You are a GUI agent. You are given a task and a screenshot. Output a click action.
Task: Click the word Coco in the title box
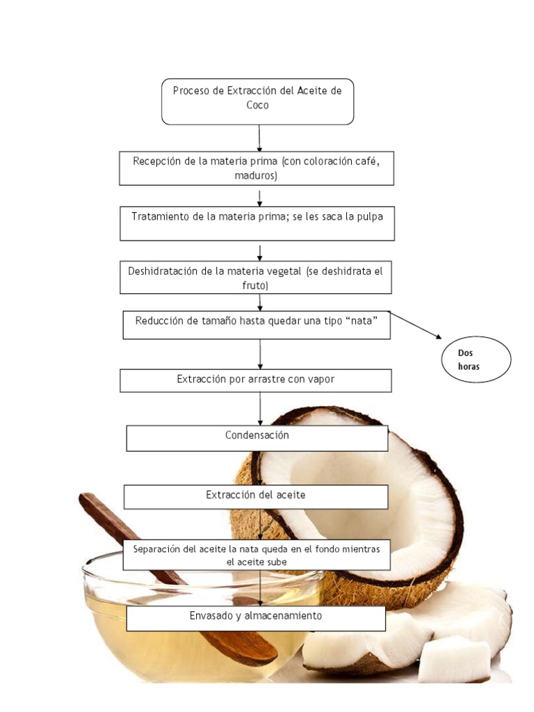pyautogui.click(x=257, y=106)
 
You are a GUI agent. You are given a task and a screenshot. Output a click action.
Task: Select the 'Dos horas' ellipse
pyautogui.click(x=476, y=359)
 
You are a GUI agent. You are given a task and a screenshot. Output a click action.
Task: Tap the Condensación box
pyautogui.click(x=257, y=438)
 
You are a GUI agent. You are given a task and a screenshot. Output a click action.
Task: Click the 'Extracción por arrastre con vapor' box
pyautogui.click(x=256, y=380)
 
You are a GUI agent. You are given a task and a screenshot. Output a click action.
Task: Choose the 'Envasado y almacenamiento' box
pyautogui.click(x=256, y=618)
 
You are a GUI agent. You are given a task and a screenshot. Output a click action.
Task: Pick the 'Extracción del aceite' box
pyautogui.click(x=256, y=496)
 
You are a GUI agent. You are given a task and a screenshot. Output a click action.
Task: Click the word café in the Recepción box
pyautogui.click(x=367, y=161)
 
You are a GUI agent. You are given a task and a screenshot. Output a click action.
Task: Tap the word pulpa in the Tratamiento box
pyautogui.click(x=370, y=217)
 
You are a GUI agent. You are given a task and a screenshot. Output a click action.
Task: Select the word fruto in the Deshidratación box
pyautogui.click(x=254, y=286)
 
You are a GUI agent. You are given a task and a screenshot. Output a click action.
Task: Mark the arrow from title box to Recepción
pyautogui.click(x=259, y=138)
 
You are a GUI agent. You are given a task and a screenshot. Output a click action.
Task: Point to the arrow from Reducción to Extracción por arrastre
pyautogui.click(x=260, y=354)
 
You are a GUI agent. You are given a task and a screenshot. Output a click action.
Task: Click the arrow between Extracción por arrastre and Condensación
pyautogui.click(x=260, y=409)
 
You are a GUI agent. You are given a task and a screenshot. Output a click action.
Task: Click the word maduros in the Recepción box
pyautogui.click(x=256, y=176)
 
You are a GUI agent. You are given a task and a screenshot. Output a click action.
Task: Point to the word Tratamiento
pyautogui.click(x=161, y=217)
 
